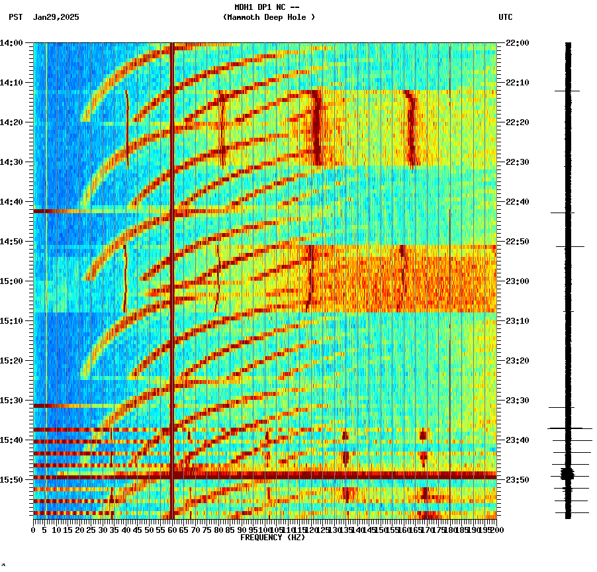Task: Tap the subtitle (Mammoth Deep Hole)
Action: [x=269, y=17]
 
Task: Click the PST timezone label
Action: [x=17, y=17]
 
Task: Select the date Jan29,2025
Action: [x=56, y=17]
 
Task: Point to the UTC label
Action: [x=505, y=17]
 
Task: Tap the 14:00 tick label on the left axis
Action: [x=11, y=43]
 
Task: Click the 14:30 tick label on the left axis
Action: [x=11, y=162]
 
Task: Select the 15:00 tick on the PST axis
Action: [x=11, y=281]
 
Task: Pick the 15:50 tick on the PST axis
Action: [x=11, y=479]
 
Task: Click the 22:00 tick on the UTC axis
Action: [x=518, y=43]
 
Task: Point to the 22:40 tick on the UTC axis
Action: [x=518, y=202]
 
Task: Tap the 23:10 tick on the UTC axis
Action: [x=518, y=321]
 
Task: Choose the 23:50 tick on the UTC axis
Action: [x=518, y=479]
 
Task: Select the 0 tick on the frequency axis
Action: [x=34, y=530]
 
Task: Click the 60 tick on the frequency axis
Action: [x=172, y=530]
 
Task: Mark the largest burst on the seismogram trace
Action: [x=568, y=473]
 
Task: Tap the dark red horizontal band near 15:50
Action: [x=265, y=475]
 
